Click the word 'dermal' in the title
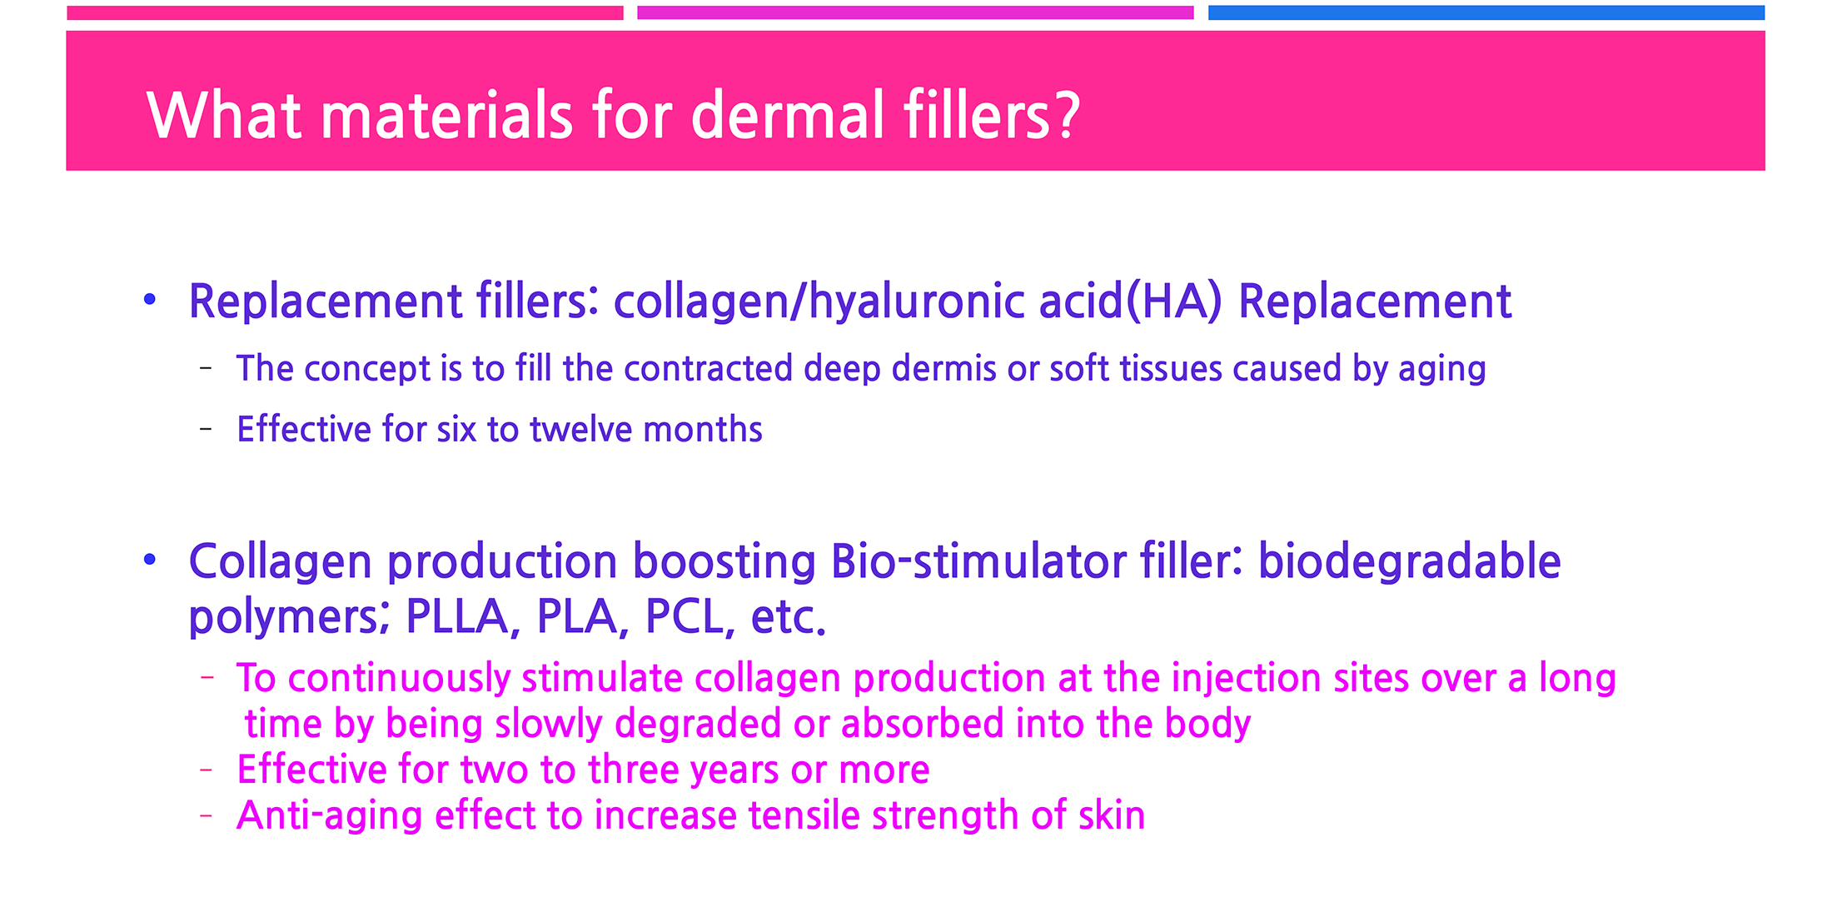click(788, 115)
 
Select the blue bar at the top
click(1486, 12)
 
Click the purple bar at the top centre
click(915, 12)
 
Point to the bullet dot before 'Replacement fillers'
click(150, 299)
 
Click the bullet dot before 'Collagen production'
click(150, 560)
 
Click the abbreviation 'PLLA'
click(456, 617)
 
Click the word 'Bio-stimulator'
click(978, 561)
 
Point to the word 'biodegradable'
click(1409, 561)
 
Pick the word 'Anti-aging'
click(330, 816)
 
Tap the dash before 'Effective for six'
click(206, 430)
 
